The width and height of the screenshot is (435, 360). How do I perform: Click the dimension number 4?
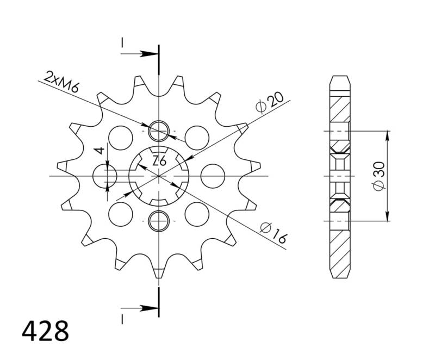98,151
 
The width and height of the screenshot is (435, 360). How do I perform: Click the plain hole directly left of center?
105,176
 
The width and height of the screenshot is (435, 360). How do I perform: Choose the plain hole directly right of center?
213,176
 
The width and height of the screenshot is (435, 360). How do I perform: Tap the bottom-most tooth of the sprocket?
158,272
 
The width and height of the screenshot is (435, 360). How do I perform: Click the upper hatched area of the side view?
339,111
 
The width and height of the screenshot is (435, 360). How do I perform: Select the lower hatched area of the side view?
339,245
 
